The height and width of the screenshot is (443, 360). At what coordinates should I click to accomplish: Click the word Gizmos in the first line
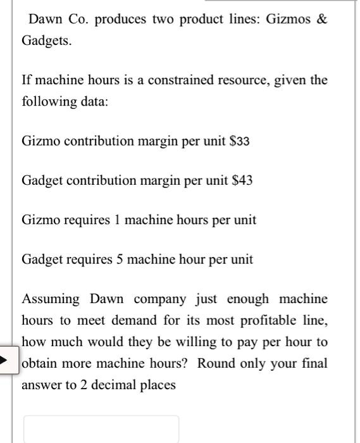[290, 20]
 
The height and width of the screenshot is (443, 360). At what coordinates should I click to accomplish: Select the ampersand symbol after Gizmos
[323, 20]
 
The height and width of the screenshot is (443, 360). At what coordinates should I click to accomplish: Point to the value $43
[241, 180]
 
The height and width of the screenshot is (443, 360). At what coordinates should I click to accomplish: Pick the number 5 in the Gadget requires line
[120, 259]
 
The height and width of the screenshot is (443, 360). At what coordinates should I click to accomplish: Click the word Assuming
[51, 299]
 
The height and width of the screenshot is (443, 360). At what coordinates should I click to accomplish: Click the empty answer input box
[101, 428]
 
